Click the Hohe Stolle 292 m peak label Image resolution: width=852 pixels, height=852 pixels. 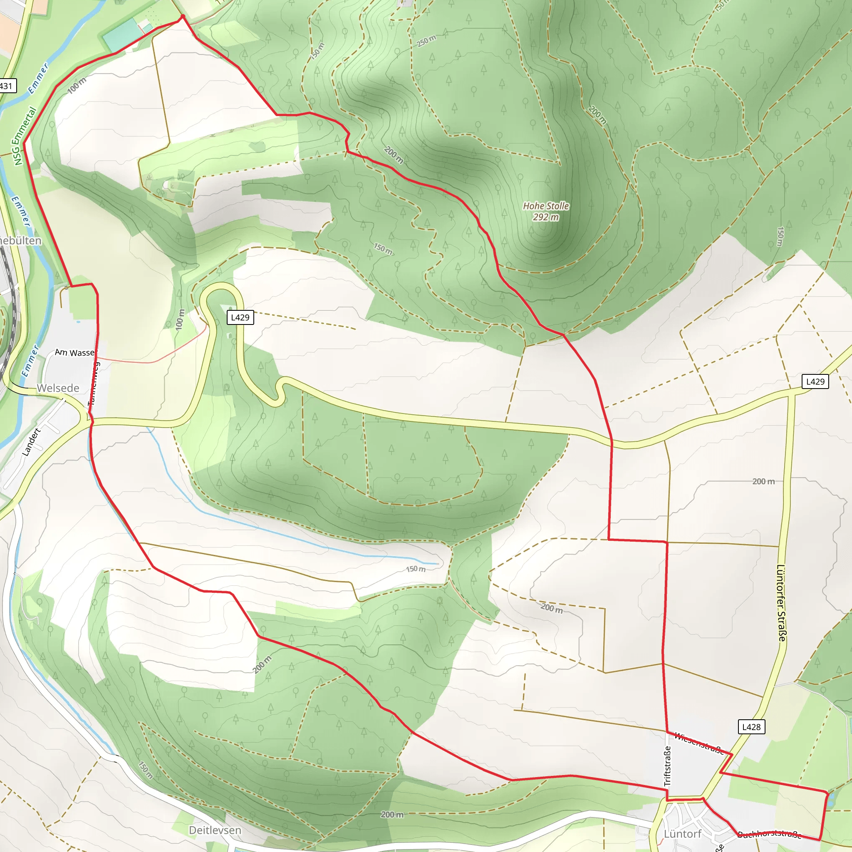click(x=545, y=211)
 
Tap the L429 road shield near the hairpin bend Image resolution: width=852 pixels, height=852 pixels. click(x=240, y=317)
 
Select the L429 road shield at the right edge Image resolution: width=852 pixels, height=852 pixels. click(x=815, y=381)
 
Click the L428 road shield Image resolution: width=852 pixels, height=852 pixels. click(x=751, y=727)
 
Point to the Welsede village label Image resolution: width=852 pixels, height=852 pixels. click(x=58, y=388)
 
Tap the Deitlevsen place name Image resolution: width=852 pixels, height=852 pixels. click(x=215, y=830)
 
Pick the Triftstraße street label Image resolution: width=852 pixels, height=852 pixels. click(x=667, y=765)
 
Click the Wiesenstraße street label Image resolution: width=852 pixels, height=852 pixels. click(x=699, y=743)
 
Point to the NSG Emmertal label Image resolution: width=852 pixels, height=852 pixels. click(x=24, y=136)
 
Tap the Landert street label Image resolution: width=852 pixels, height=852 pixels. click(x=31, y=442)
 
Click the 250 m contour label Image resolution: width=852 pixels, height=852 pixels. click(x=426, y=41)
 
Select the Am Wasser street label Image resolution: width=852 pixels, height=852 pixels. click(x=75, y=352)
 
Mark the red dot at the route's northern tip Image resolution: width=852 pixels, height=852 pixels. click(x=183, y=17)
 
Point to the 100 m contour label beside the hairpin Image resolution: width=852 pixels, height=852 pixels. click(x=179, y=319)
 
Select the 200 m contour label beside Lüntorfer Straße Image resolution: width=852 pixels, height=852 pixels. click(x=763, y=482)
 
